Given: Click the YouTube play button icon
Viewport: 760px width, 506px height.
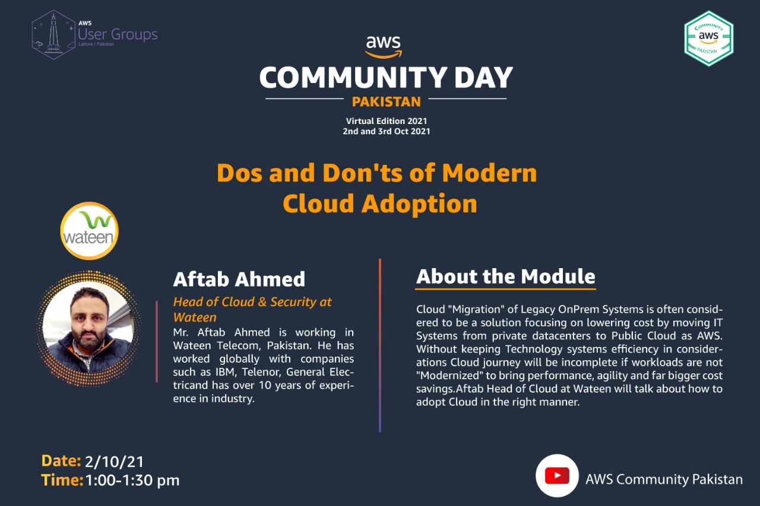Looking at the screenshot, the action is [557, 476].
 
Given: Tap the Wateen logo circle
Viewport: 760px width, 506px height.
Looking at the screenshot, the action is [89, 231].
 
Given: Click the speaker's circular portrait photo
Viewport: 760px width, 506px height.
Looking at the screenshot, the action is [88, 328].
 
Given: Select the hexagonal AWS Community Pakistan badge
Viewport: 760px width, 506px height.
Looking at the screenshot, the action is [709, 39].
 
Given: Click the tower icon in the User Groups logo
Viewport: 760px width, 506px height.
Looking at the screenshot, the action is [53, 34].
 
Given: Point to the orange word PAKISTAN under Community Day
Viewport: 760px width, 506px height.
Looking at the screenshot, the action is [386, 101].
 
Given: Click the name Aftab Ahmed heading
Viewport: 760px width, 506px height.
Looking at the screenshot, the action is [239, 279].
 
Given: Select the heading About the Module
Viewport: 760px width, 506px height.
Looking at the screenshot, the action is [505, 276].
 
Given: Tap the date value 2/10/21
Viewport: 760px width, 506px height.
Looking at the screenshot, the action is [115, 462].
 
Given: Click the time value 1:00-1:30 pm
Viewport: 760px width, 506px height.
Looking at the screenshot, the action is [132, 480].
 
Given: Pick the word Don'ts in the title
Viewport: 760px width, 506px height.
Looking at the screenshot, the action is [363, 173].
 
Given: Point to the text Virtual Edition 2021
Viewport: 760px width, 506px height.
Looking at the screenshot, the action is [387, 121].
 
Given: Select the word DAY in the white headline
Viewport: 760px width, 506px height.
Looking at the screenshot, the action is [483, 77].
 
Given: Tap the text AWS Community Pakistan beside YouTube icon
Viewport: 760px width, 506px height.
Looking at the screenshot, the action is [664, 479].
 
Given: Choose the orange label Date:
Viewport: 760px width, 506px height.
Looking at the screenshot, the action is [61, 460].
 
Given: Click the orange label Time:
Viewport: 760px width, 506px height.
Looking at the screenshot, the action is [62, 480].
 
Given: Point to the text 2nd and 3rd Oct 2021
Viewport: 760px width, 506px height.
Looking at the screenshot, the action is [387, 131].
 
